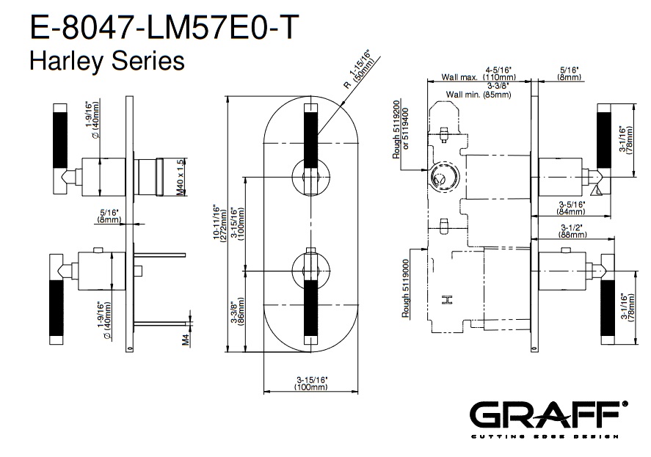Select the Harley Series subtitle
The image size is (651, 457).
(x=106, y=60)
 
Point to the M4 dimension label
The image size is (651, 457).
(x=186, y=339)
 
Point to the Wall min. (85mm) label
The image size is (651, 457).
(x=479, y=95)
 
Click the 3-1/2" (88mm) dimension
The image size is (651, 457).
(x=574, y=231)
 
